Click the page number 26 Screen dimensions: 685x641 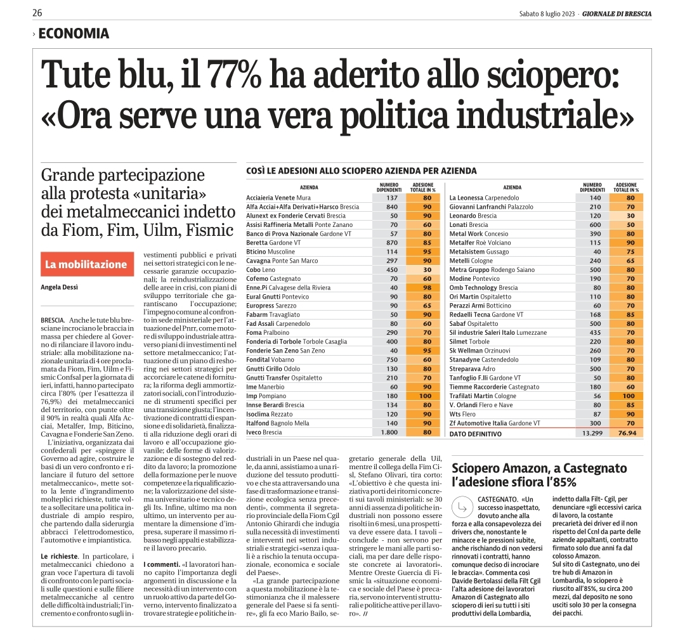[37, 13]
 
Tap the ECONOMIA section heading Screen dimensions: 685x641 [74, 34]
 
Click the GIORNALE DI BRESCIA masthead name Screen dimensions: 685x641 [617, 14]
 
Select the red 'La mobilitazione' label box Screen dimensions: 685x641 [88, 264]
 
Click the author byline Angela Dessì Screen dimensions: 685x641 [60, 287]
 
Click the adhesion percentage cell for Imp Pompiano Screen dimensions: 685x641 [423, 396]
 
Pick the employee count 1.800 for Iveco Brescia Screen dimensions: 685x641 [389, 432]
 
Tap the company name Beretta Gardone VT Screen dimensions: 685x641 [273, 243]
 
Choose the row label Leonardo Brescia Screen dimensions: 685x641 [473, 216]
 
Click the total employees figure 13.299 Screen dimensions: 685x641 [592, 433]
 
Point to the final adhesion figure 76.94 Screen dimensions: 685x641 [627, 433]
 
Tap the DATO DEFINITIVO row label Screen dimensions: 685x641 [476, 434]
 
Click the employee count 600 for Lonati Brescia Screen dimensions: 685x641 [595, 225]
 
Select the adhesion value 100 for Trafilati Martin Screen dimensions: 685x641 [629, 396]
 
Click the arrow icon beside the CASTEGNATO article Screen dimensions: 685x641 [462, 507]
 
